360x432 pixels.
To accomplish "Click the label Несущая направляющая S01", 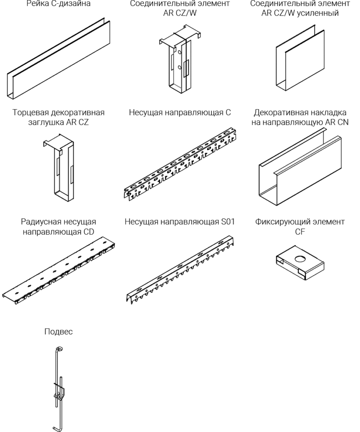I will point(180,221).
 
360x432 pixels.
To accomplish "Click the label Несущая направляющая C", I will point(180,113).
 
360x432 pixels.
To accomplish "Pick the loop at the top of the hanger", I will point(59,349).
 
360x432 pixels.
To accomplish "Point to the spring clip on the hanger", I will point(59,391).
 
